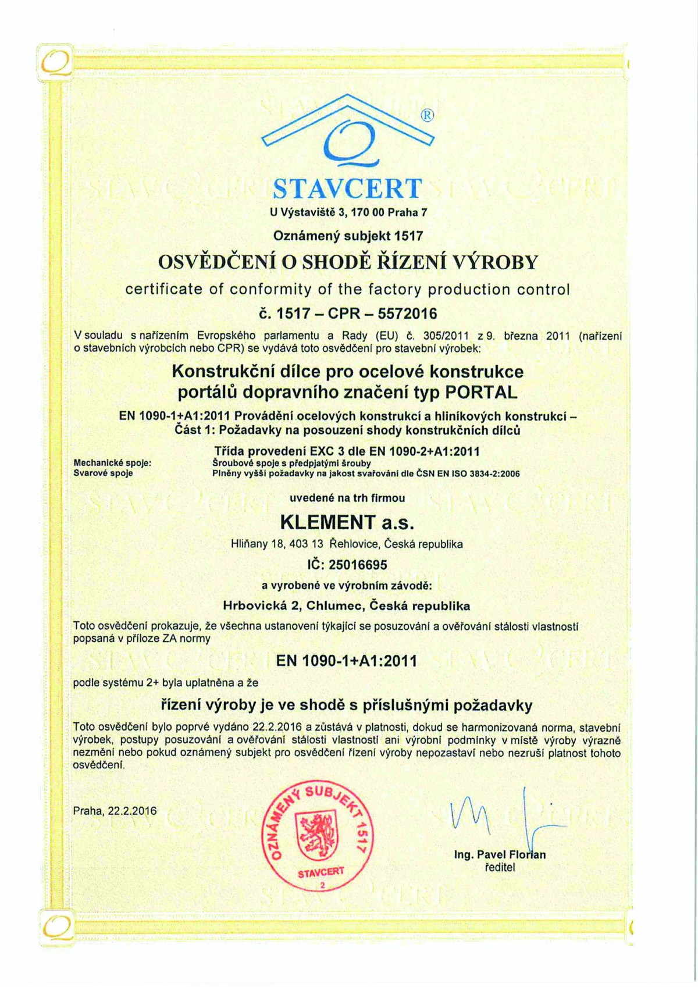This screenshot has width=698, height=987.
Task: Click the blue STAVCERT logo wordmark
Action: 348,188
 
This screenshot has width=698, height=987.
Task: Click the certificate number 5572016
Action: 407,314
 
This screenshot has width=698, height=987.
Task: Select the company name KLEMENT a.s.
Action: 347,522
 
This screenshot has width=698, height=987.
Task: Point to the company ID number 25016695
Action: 358,565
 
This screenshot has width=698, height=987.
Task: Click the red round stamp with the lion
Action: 318,832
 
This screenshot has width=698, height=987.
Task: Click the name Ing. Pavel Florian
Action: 500,854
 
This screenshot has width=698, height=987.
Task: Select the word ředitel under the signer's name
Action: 500,868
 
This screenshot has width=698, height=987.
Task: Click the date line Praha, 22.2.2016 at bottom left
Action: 115,811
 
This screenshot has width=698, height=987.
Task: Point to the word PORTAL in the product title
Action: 480,393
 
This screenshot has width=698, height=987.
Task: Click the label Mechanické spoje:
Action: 112,463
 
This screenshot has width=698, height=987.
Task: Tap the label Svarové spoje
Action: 103,473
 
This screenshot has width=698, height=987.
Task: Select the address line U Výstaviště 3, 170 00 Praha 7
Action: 348,212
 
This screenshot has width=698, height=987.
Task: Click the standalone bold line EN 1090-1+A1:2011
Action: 347,661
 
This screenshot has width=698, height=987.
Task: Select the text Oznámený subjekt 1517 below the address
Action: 348,236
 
